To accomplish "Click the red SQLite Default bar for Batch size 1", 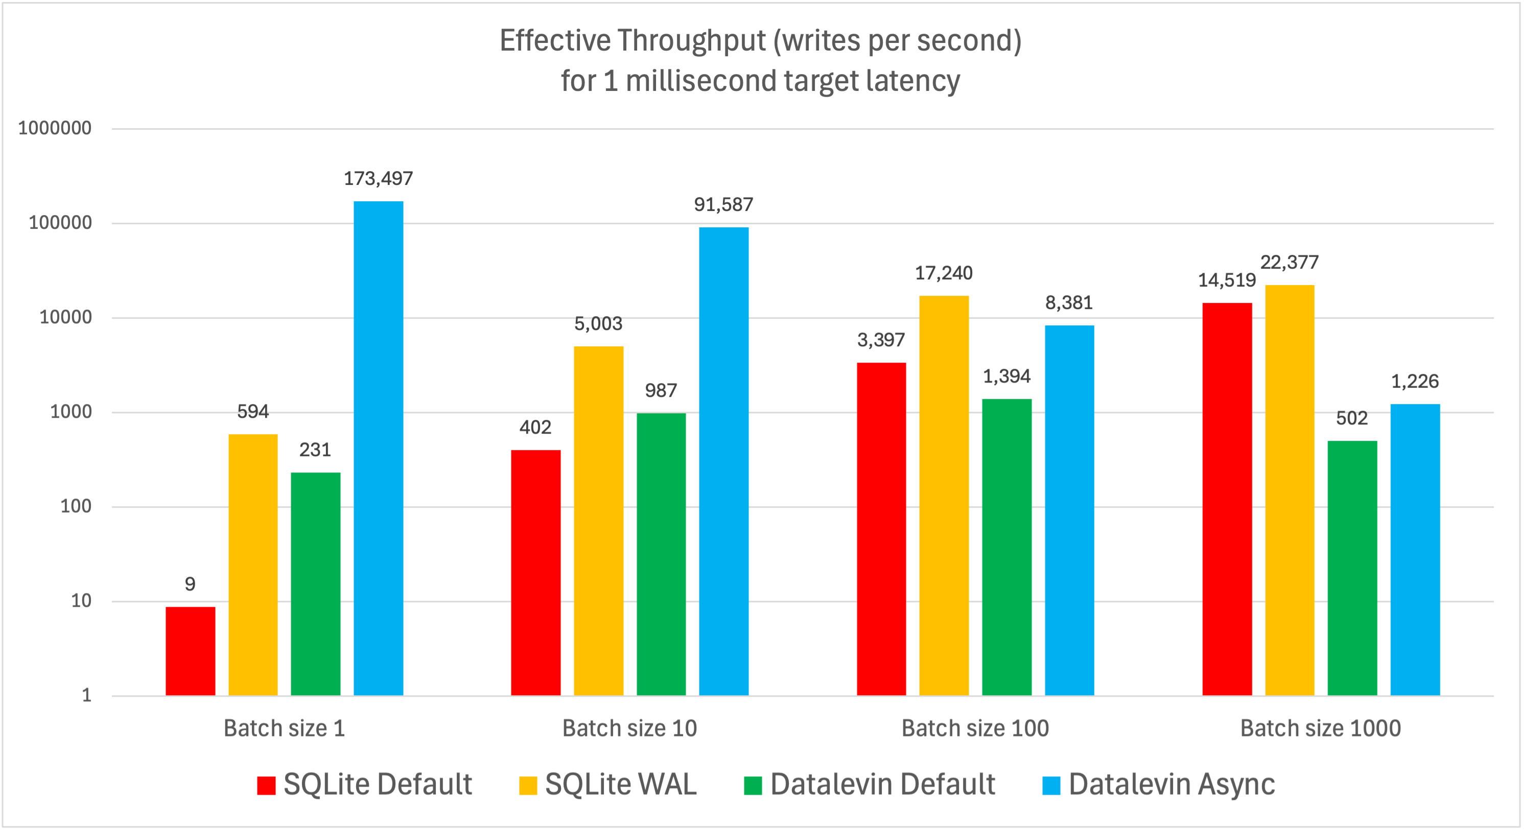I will click(x=190, y=651).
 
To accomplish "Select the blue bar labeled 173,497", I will click(x=378, y=448).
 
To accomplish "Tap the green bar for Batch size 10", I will click(x=661, y=554).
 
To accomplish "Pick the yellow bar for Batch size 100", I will click(x=944, y=495).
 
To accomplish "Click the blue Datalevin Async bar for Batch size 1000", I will click(x=1415, y=550).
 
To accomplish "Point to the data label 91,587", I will click(x=723, y=205).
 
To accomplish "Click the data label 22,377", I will click(x=1289, y=262).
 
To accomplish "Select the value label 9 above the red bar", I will click(x=190, y=584).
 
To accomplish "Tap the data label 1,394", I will click(x=1006, y=376).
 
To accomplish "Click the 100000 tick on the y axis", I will click(x=60, y=223).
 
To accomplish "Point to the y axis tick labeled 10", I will click(x=81, y=601).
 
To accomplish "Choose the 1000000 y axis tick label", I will click(x=55, y=128).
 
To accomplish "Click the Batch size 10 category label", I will click(x=629, y=728).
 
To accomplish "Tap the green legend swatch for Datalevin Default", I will click(x=753, y=786).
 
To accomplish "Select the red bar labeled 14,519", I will click(x=1227, y=498).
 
